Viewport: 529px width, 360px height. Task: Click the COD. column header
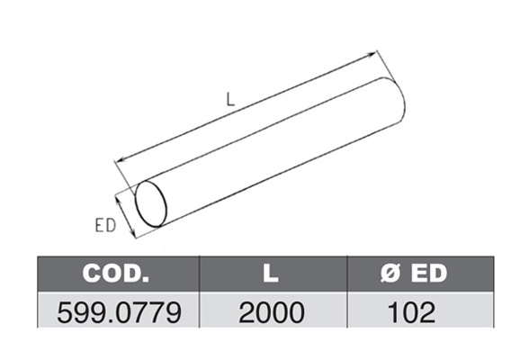pyautogui.click(x=116, y=273)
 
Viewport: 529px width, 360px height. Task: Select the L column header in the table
pyautogui.click(x=271, y=273)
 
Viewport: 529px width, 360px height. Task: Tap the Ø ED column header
pyautogui.click(x=414, y=273)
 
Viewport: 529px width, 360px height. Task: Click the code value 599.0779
pyautogui.click(x=119, y=313)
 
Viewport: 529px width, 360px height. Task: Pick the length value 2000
pyautogui.click(x=272, y=313)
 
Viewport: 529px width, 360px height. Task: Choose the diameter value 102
pyautogui.click(x=412, y=313)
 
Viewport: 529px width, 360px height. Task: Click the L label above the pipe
pyautogui.click(x=230, y=100)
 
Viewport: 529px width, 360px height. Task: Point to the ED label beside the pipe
pyautogui.click(x=105, y=226)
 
